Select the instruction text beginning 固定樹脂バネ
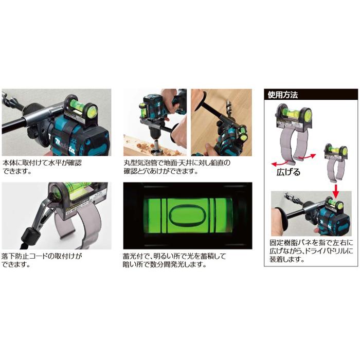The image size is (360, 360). [x=311, y=250]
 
